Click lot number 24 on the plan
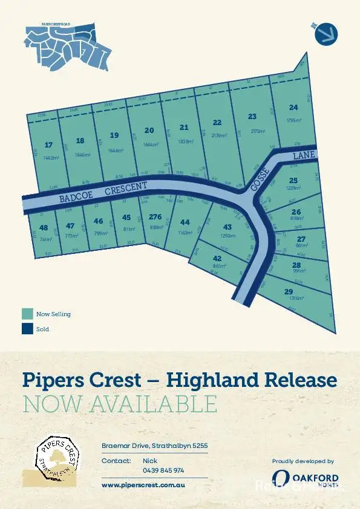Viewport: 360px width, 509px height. coord(293,108)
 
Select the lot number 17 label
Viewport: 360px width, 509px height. coord(49,145)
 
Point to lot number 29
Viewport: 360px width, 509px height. coord(289,291)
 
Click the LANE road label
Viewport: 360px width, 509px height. coord(304,156)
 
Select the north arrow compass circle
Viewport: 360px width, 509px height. coord(327,33)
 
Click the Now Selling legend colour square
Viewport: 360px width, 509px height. coord(27,314)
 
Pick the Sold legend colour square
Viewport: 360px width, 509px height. coord(27,329)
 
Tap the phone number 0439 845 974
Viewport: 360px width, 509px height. coord(163,470)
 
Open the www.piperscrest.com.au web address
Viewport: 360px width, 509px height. coord(143,485)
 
